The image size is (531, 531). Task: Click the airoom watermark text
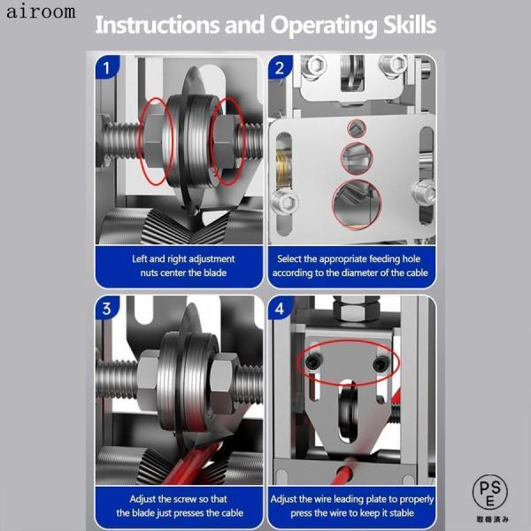pyautogui.click(x=41, y=12)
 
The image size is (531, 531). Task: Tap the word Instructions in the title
pyautogui.click(x=158, y=25)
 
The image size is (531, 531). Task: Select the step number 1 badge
pyautogui.click(x=107, y=68)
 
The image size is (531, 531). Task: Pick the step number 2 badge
pyautogui.click(x=280, y=68)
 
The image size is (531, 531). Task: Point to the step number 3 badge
pyautogui.click(x=107, y=308)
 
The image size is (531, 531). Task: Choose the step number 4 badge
pyautogui.click(x=280, y=308)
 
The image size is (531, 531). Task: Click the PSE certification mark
pyautogui.click(x=490, y=492)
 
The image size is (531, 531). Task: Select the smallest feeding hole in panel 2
pyautogui.click(x=357, y=128)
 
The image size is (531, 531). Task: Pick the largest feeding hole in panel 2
pyautogui.click(x=357, y=204)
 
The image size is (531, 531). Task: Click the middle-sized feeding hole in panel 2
pyautogui.click(x=357, y=158)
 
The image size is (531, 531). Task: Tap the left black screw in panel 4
pyautogui.click(x=312, y=363)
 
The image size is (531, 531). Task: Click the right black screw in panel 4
pyautogui.click(x=380, y=364)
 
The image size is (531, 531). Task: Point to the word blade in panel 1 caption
pyautogui.click(x=215, y=273)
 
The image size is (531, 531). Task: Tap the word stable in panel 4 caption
pyautogui.click(x=401, y=512)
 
